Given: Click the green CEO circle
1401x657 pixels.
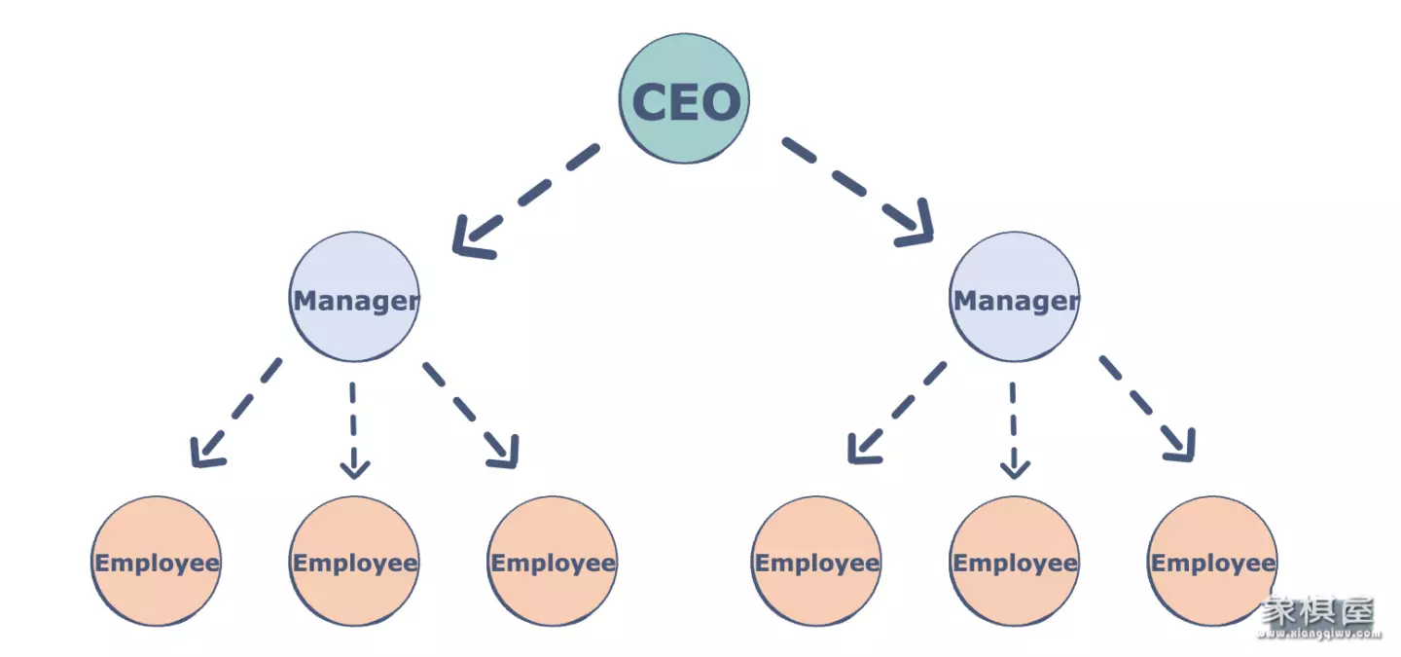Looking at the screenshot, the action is (684, 99).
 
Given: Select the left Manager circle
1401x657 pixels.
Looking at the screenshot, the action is (354, 297).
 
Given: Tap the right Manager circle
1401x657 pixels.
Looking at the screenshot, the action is (1014, 297).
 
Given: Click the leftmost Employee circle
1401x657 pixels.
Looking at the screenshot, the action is (157, 561).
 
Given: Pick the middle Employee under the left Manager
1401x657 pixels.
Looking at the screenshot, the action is (354, 561).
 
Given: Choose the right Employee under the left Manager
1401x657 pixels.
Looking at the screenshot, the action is (553, 561).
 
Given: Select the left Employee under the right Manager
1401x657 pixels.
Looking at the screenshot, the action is (816, 561).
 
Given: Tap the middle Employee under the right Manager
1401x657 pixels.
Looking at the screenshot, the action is (1015, 561).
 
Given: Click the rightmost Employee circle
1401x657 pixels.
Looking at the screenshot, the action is (1212, 561).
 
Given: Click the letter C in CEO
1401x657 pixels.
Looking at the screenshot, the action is (651, 101).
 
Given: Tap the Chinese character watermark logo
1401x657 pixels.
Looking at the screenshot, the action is (1318, 611).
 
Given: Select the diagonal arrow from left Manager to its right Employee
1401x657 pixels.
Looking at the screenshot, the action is (470, 415).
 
